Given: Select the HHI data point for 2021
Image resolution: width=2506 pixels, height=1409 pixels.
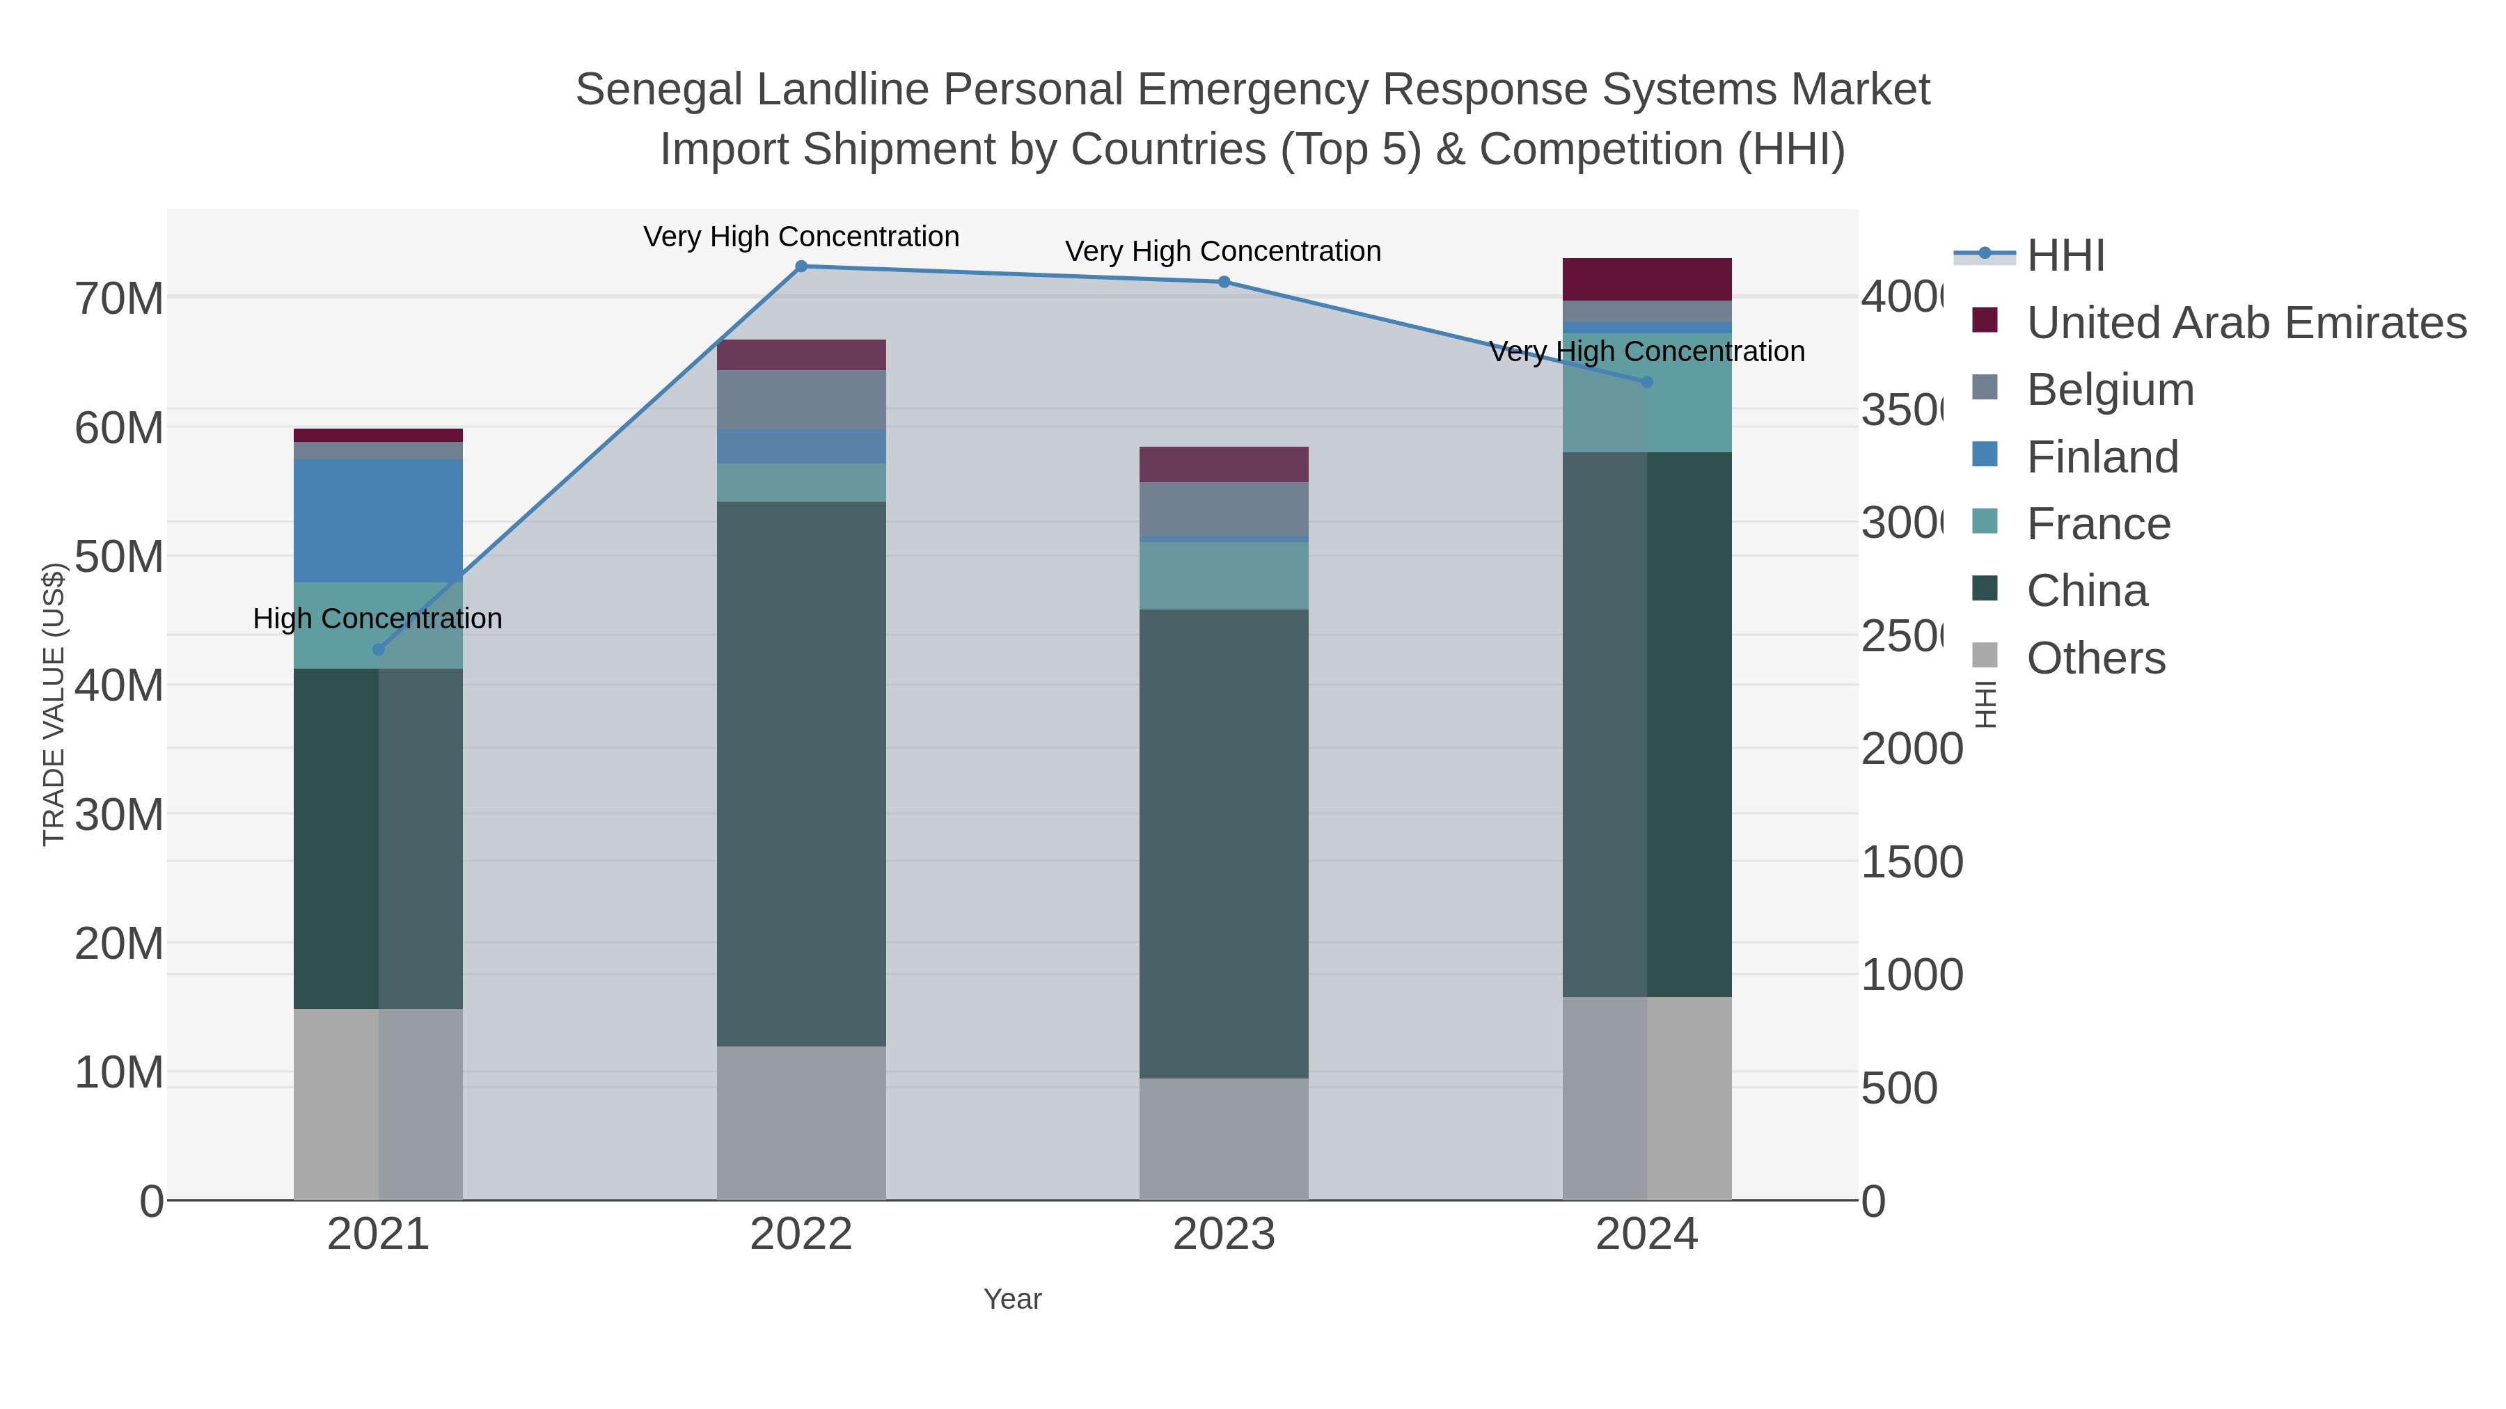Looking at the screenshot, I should [379, 650].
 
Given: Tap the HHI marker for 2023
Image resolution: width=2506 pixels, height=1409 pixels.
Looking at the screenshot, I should [1224, 282].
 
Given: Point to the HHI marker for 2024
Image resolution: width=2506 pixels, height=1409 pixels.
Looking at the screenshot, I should [1647, 382].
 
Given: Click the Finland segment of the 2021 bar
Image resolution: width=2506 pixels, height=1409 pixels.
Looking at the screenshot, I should [379, 520].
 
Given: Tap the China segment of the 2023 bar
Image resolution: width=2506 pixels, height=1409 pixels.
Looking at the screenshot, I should [1224, 843].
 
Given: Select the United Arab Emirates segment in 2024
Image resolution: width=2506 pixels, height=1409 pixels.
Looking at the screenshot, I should [1647, 279].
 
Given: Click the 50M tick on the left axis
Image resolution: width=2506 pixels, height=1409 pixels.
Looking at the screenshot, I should [118, 556].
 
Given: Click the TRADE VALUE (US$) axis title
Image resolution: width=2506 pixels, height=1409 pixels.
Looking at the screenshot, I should [54, 704].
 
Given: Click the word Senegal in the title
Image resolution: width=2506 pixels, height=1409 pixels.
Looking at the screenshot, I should [659, 90].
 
